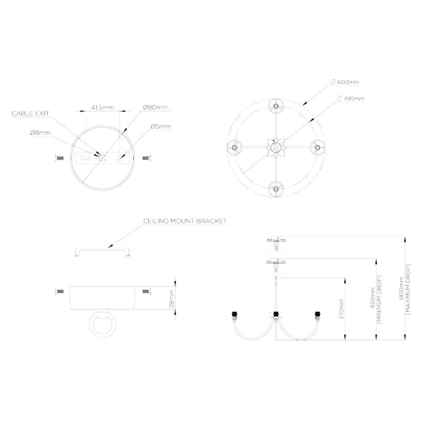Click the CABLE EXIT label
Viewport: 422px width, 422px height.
[x=30, y=114]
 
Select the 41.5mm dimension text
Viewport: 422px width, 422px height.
[x=102, y=108]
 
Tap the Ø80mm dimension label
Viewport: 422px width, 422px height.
[x=155, y=107]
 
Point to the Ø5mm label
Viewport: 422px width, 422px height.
[x=161, y=126]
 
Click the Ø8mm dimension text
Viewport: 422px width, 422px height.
[x=40, y=133]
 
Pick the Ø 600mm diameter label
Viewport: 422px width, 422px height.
[x=345, y=82]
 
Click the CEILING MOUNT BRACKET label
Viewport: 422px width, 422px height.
[x=185, y=221]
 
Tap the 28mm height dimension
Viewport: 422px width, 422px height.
[x=172, y=299]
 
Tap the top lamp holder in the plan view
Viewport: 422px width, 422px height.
[x=276, y=106]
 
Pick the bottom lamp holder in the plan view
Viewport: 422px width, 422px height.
[x=276, y=189]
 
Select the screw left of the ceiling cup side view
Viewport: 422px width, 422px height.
[x=59, y=291]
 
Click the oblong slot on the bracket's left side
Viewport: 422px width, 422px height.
[x=85, y=158]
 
